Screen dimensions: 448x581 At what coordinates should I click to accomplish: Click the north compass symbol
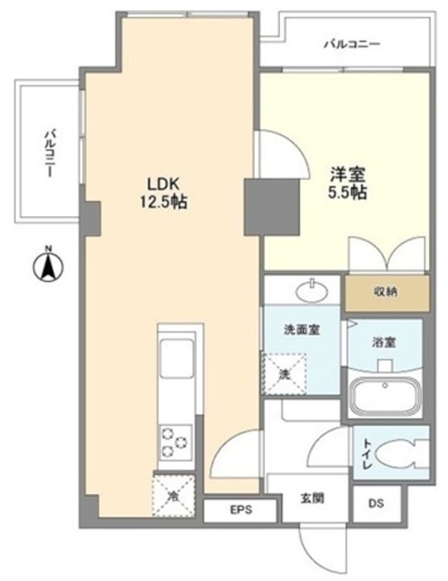48,265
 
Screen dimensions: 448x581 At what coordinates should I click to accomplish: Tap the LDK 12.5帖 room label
163,193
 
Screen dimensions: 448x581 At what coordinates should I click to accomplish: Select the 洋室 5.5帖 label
348,183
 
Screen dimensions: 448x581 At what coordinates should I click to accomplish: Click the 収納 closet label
385,292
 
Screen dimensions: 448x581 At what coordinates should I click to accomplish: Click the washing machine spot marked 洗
285,374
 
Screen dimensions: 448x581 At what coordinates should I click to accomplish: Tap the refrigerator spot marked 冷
174,495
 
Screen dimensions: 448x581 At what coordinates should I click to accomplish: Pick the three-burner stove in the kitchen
176,442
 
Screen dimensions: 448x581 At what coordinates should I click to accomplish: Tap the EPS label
241,510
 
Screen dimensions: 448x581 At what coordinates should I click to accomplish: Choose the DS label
376,504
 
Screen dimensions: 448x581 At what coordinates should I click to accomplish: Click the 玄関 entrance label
312,499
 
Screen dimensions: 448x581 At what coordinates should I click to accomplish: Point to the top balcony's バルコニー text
353,45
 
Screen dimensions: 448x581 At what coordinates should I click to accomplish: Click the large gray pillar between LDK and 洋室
271,207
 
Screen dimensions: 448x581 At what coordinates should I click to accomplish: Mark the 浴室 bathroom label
384,342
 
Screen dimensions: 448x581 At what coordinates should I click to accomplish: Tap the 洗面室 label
302,329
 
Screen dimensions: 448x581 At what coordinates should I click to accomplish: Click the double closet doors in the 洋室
387,255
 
